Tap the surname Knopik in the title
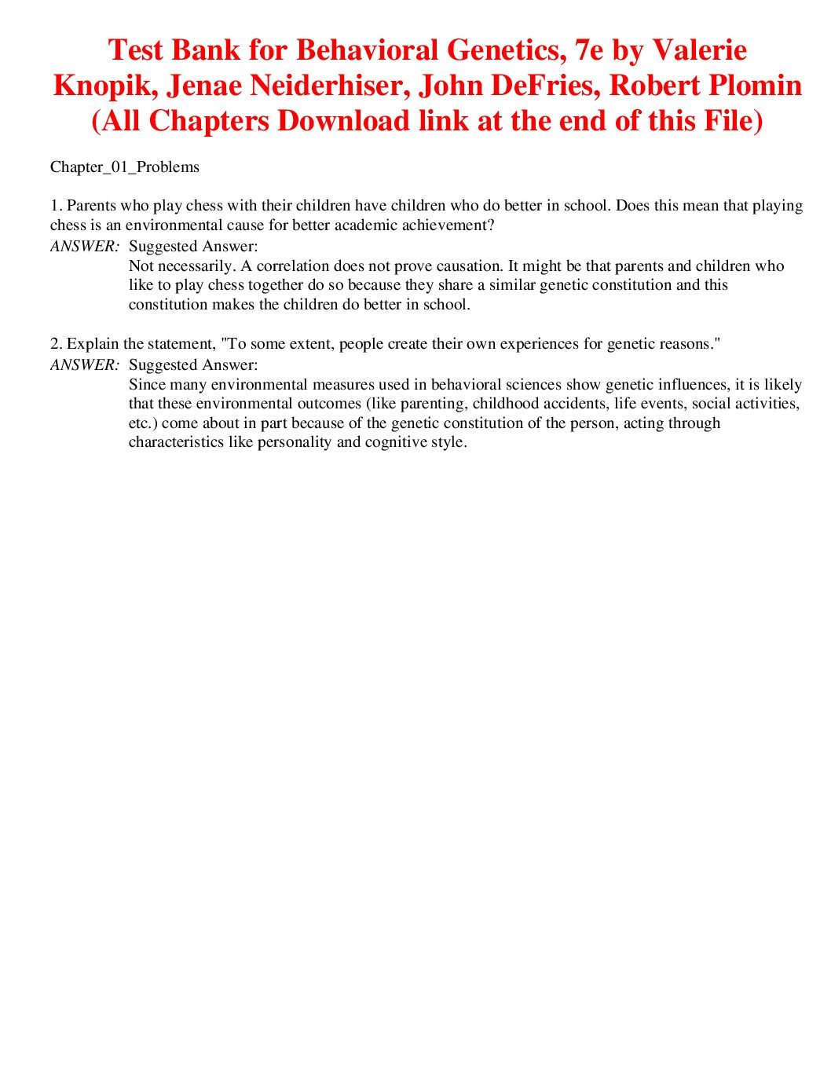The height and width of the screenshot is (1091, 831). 101,86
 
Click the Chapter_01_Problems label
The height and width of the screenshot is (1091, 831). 125,167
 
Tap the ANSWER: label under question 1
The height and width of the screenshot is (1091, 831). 84,247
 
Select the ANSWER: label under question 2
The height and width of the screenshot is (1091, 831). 84,365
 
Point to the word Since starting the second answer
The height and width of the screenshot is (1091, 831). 147,385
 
